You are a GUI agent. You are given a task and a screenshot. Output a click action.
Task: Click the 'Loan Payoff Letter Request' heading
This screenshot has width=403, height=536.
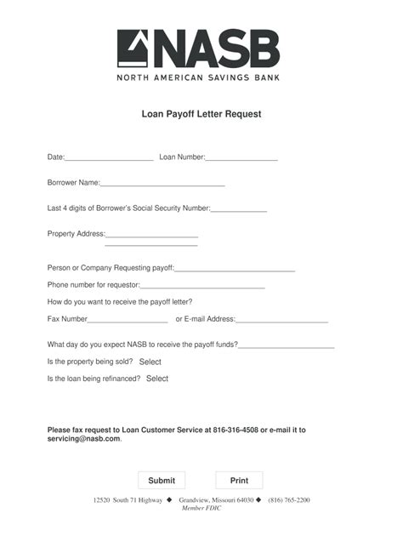tap(201, 112)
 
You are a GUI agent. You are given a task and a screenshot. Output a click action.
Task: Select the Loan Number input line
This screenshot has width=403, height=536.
tap(241, 157)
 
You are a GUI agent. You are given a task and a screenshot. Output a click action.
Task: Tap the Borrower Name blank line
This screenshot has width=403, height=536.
tap(162, 183)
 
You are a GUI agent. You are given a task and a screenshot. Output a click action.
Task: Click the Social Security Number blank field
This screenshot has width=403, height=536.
tap(239, 208)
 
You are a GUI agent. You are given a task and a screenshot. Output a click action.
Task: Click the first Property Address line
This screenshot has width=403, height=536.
tap(152, 234)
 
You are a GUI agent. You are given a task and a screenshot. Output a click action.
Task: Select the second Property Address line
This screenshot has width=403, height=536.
tap(151, 244)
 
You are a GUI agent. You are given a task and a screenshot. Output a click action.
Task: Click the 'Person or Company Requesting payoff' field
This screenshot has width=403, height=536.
tap(235, 269)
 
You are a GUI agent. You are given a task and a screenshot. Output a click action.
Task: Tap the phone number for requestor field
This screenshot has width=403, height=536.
tap(202, 286)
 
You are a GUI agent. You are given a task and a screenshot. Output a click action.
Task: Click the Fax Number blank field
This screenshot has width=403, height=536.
tap(128, 320)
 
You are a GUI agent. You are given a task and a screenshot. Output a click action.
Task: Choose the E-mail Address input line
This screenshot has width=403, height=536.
tap(281, 320)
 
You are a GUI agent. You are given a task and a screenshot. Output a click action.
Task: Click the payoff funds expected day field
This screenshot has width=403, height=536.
tap(287, 345)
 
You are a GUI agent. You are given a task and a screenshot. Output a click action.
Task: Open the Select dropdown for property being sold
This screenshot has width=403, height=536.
tap(150, 362)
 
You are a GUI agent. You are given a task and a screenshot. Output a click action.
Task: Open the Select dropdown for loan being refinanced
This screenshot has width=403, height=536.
tap(157, 379)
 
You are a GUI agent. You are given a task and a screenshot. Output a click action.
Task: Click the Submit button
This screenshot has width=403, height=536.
tap(162, 481)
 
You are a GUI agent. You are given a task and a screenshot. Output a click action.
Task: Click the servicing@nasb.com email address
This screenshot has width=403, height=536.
tap(83, 439)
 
